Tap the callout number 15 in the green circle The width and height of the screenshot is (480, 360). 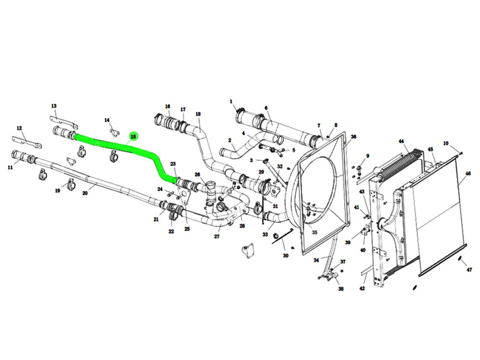133,137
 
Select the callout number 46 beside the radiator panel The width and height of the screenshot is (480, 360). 468,173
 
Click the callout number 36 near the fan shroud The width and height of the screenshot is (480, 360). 353,137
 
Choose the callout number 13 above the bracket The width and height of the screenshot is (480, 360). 54,106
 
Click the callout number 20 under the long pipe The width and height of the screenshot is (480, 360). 85,193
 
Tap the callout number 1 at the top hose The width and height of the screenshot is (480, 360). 231,102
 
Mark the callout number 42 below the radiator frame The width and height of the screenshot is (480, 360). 362,288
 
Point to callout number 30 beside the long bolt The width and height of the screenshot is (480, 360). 286,256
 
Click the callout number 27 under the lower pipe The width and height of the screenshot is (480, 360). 217,236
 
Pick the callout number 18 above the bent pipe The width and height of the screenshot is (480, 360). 198,114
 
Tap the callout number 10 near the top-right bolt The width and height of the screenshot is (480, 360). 446,144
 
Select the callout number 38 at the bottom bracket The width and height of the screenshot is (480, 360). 341,289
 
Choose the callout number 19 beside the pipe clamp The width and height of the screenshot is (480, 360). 58,191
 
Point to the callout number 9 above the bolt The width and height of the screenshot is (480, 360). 368,156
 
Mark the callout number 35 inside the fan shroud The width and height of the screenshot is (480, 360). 314,232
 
